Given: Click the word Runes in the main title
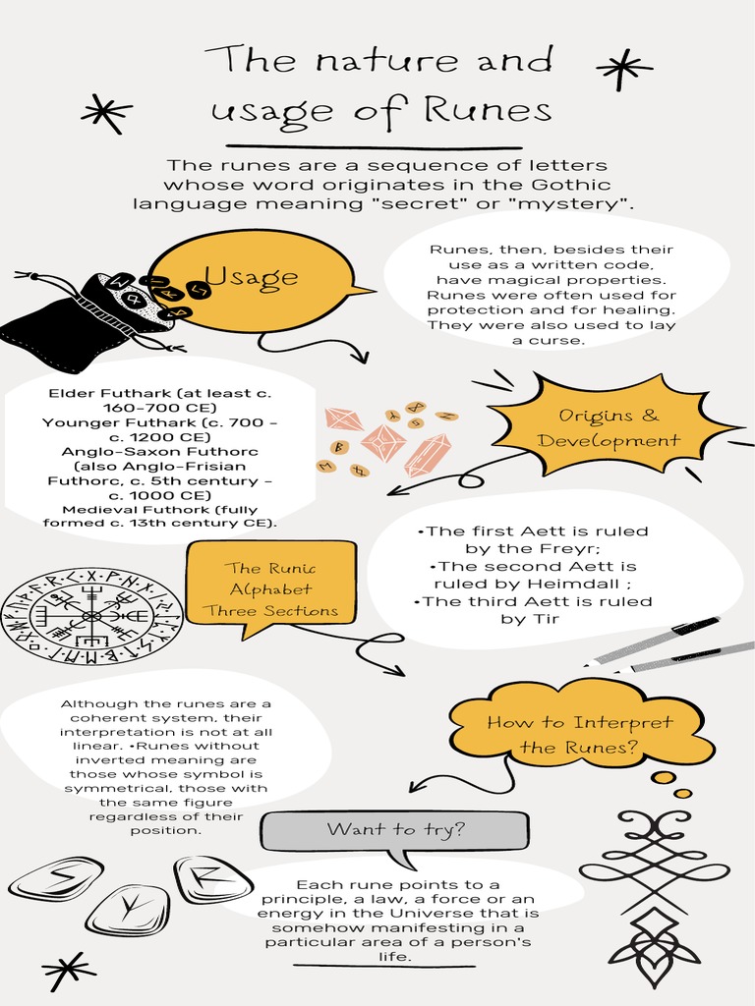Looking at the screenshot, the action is click(488, 109).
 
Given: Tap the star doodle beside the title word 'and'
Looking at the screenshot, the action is click(623, 68).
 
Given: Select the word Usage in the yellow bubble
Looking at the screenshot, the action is click(251, 277).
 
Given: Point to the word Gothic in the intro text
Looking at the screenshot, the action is click(571, 185).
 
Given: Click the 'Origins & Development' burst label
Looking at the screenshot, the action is click(609, 427).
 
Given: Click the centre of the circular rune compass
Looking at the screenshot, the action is click(91, 616).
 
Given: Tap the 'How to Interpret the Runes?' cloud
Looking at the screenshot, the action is click(580, 735).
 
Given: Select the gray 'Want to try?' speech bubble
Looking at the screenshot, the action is click(395, 831).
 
